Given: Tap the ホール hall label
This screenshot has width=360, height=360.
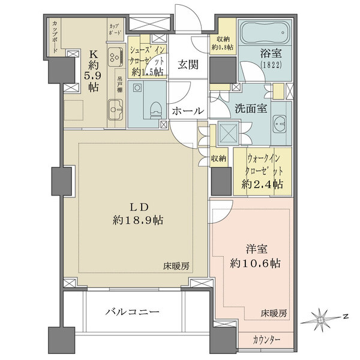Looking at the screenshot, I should tap(188, 112).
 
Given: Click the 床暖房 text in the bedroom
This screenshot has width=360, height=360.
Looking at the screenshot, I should tap(274, 314).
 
